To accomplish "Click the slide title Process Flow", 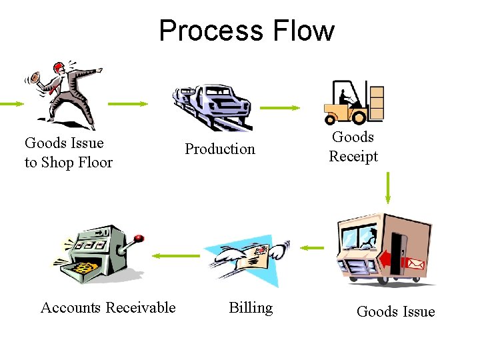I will pyautogui.click(x=247, y=31).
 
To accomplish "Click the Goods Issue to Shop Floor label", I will pyautogui.click(x=69, y=153).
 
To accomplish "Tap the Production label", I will pyautogui.click(x=220, y=149).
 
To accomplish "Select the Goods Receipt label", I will pyautogui.click(x=353, y=147).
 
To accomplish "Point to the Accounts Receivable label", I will pyautogui.click(x=108, y=307).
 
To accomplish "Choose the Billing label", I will pyautogui.click(x=251, y=307).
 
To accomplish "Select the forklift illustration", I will pyautogui.click(x=353, y=103).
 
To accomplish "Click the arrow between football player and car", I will pyautogui.click(x=128, y=104).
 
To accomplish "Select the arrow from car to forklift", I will pyautogui.click(x=280, y=107).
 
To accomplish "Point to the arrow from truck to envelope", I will pyautogui.click(x=311, y=249).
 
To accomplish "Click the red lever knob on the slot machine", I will pyautogui.click(x=139, y=237).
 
